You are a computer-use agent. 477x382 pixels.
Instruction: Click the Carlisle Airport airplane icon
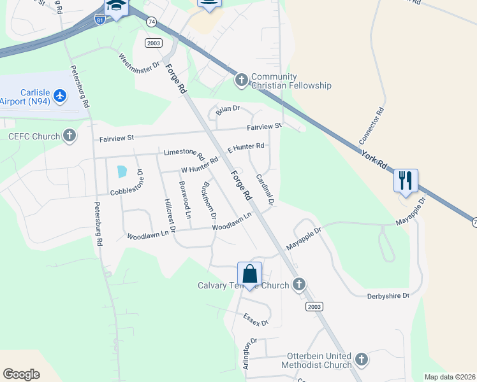pyautogui.click(x=61, y=95)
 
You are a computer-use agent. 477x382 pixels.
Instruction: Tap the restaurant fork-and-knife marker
pyautogui.click(x=406, y=180)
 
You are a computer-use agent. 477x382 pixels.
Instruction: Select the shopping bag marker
pyautogui.click(x=250, y=274)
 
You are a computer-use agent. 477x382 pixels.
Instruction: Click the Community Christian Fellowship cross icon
pyautogui.click(x=241, y=80)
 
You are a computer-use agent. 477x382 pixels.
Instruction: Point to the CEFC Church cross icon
pyautogui.click(x=70, y=136)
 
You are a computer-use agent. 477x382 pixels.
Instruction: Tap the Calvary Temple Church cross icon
pyautogui.click(x=298, y=285)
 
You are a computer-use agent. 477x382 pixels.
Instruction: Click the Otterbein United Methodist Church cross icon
pyautogui.click(x=362, y=360)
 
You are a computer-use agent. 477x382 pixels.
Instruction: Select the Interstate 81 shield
pyautogui.click(x=99, y=20)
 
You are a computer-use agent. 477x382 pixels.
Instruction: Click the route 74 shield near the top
pyautogui.click(x=151, y=21)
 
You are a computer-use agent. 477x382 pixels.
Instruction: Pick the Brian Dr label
pyautogui.click(x=228, y=110)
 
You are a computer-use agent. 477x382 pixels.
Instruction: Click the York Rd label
pyautogui.click(x=374, y=160)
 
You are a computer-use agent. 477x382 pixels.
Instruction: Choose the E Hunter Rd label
pyautogui.click(x=246, y=147)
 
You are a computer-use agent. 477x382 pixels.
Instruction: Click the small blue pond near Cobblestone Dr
pyautogui.click(x=121, y=171)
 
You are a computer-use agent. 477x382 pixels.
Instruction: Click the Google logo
pyautogui.click(x=22, y=374)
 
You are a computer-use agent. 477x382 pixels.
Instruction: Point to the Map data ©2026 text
pyautogui.click(x=449, y=377)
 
